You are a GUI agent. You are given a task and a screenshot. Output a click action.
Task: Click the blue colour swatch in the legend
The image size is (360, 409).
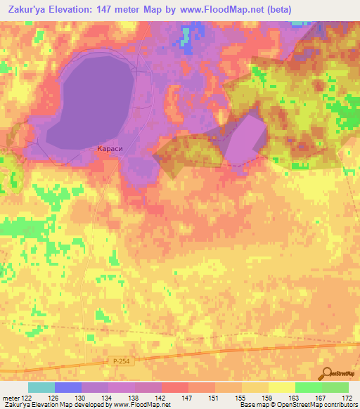(x=67, y=387)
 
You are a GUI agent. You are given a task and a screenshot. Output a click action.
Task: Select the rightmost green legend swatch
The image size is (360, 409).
(x=335, y=387)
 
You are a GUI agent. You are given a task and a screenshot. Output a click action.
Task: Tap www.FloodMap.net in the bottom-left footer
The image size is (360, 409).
(x=140, y=405)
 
